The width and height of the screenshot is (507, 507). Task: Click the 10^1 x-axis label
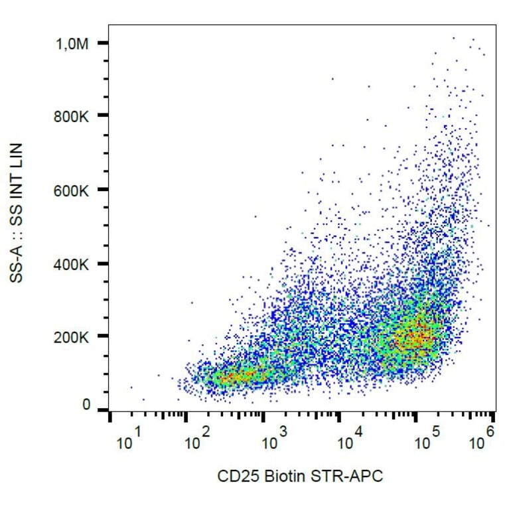point(129,439)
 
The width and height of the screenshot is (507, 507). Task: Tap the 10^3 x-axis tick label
point(274,439)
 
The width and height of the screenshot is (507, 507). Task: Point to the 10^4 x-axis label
point(350,439)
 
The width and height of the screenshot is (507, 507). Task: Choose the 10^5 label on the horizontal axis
point(427,439)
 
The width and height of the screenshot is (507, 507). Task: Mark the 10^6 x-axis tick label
point(482,439)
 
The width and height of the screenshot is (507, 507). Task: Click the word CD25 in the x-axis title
point(233,476)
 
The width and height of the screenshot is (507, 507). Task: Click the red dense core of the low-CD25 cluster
point(236,378)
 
